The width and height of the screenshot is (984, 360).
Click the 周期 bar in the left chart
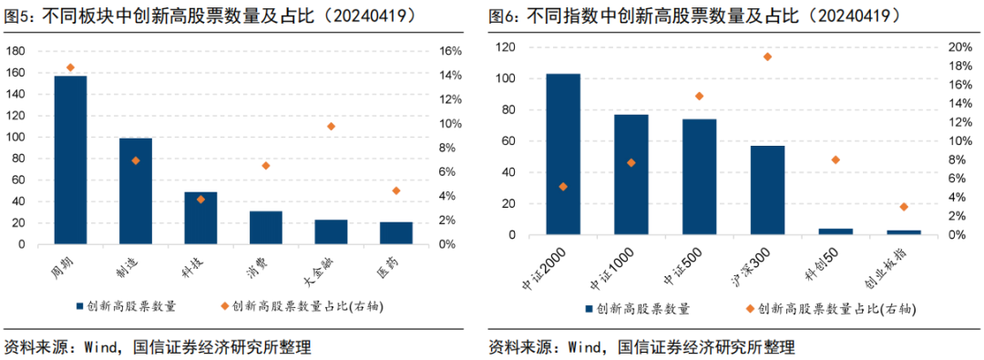click(x=70, y=160)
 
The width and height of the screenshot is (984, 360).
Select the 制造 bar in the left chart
click(x=136, y=191)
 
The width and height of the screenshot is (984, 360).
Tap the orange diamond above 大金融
click(x=332, y=127)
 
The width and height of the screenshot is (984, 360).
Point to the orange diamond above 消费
click(x=266, y=166)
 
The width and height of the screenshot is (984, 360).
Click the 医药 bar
click(x=396, y=233)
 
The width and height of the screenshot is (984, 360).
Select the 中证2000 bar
click(x=564, y=155)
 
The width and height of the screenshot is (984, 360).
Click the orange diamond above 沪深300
click(x=767, y=57)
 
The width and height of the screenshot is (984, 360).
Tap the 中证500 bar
click(x=700, y=177)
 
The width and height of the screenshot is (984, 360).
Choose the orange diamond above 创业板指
click(x=904, y=207)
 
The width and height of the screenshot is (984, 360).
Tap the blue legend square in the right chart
click(x=589, y=309)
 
